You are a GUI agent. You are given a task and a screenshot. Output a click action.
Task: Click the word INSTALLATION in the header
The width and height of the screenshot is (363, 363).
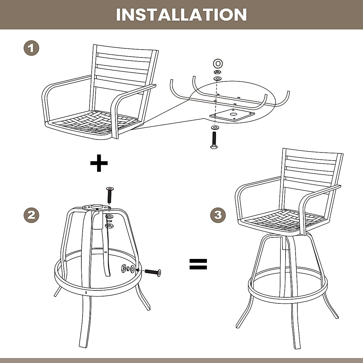[181, 15]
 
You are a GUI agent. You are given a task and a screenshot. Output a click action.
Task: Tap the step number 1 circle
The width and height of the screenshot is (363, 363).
[31, 48]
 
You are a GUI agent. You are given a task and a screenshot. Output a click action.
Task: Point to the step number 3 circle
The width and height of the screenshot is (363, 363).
[218, 215]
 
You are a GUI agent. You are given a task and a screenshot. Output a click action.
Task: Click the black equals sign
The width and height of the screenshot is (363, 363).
[198, 264]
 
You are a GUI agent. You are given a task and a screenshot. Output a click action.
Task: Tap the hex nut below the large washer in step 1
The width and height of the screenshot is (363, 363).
[217, 72]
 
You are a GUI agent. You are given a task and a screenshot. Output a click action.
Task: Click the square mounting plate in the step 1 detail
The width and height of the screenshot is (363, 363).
[232, 115]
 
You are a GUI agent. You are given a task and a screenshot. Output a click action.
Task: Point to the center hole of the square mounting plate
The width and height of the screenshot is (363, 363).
[233, 114]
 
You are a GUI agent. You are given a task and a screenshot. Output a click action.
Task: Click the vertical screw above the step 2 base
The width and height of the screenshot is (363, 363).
[110, 195]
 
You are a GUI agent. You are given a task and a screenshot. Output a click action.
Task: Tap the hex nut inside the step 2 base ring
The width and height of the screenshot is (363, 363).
[124, 268]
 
